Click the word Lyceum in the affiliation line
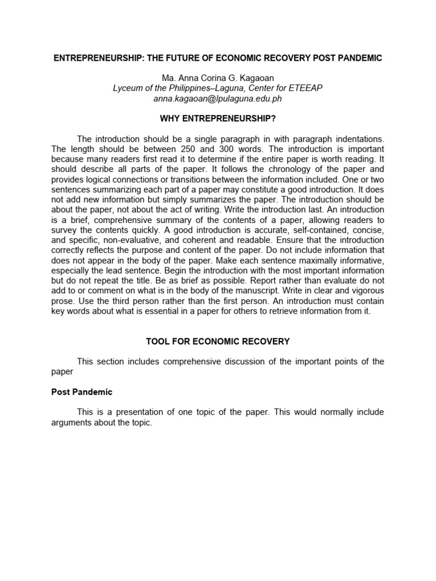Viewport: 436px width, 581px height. [x=128, y=88]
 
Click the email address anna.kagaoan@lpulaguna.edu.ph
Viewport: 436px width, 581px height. [x=217, y=98]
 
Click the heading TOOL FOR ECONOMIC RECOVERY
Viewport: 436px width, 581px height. [x=217, y=342]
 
